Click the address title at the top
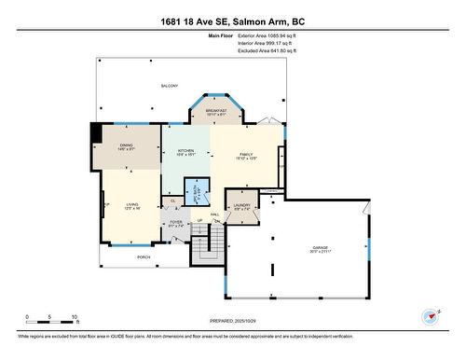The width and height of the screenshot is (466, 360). coord(233,22)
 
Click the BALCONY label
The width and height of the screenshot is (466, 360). coord(169,86)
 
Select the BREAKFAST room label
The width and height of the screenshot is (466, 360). coord(216,112)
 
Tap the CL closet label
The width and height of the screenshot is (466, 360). coord(172,201)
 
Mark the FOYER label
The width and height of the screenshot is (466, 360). coord(176,223)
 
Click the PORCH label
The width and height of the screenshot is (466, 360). coord(144,256)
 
